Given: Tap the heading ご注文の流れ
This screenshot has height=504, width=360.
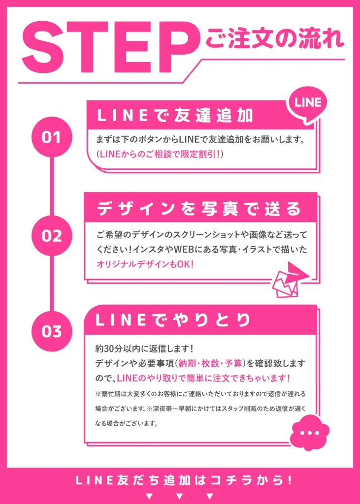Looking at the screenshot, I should point(275,37).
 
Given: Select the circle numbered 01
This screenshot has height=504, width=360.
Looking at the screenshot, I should point(51,137).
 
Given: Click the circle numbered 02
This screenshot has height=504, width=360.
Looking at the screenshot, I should point(51,235).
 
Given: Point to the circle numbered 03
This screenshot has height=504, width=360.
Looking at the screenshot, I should point(51,331).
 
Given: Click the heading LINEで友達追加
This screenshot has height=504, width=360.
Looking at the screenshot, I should point(175,116).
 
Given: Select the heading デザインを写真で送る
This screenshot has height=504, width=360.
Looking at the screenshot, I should point(199,209).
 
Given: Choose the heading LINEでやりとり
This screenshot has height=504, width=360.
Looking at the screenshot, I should point(173,320).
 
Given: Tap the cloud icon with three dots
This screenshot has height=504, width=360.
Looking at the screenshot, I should point(309,433).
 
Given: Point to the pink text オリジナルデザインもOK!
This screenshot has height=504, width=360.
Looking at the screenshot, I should point(145,264).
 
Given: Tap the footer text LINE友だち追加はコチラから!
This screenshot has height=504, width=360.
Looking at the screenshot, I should point(180,480).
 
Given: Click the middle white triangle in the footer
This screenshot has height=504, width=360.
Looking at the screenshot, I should point(180,495).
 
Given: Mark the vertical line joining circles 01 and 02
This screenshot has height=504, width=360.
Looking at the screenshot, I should point(51,186).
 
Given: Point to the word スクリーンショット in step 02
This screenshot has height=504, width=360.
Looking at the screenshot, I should point(215,235).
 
